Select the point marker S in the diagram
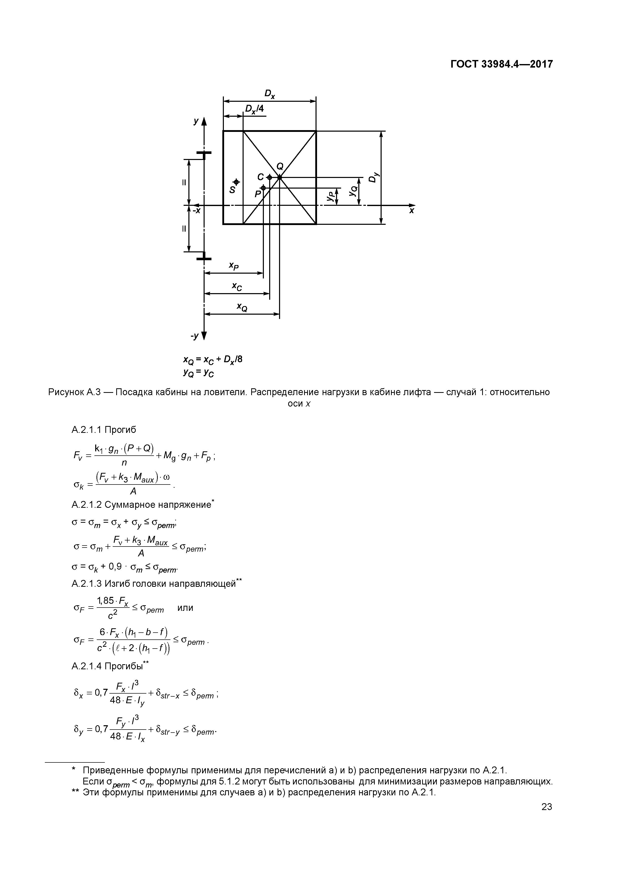pyautogui.click(x=236, y=182)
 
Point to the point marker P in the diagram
pyautogui.click(x=263, y=188)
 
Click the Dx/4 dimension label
pyautogui.click(x=254, y=109)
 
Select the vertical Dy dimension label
pyautogui.click(x=372, y=177)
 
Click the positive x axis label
pyautogui.click(x=412, y=211)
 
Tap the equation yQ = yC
pyautogui.click(x=199, y=373)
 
